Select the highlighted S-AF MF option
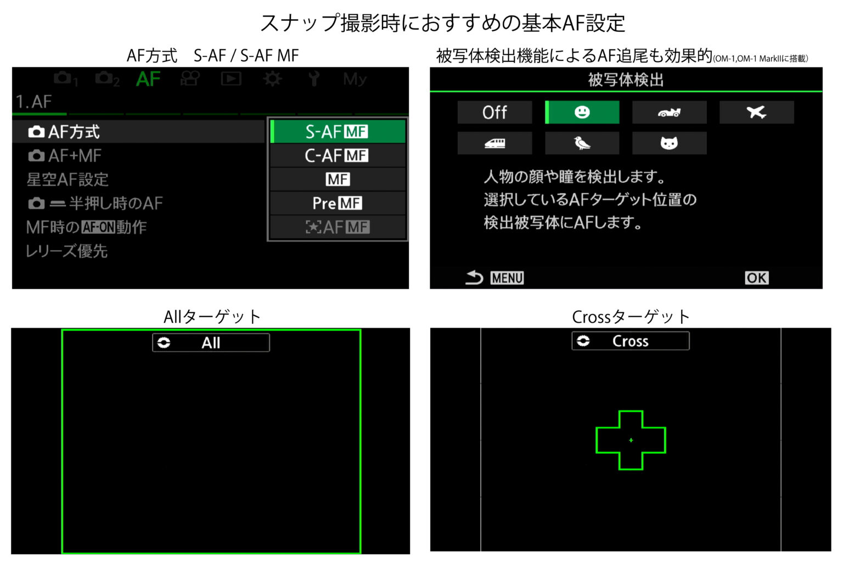[338, 132]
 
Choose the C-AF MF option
[338, 155]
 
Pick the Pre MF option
[338, 203]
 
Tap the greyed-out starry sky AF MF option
[338, 227]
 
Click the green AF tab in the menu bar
[148, 79]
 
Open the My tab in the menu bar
[355, 79]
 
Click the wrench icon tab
[313, 78]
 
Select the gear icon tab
[272, 79]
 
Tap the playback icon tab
[231, 78]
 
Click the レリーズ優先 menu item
[66, 251]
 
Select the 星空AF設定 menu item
[68, 179]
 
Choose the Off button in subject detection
[494, 112]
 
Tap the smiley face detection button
[582, 112]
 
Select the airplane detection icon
[756, 112]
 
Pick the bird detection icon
[582, 143]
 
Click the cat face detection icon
[669, 143]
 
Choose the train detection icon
[494, 143]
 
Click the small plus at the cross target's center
[631, 440]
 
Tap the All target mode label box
[211, 342]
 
